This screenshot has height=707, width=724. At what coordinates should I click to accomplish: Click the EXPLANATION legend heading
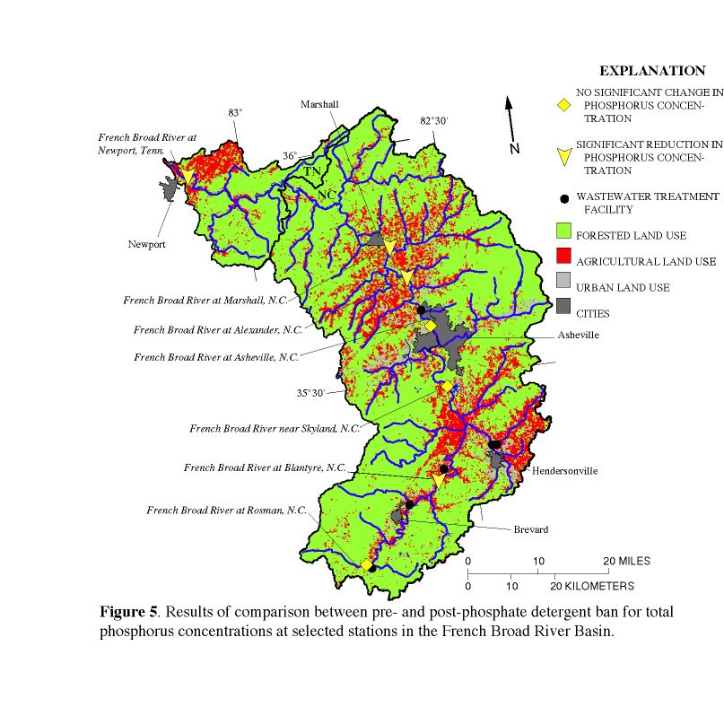click(x=652, y=71)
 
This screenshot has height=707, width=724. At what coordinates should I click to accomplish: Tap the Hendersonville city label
click(x=564, y=470)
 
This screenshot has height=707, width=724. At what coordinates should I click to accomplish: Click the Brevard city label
click(x=531, y=530)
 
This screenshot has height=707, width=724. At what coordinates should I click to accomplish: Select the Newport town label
click(x=147, y=243)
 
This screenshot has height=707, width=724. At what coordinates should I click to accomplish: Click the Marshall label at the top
click(x=319, y=104)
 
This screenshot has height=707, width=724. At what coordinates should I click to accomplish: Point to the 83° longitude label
click(x=235, y=113)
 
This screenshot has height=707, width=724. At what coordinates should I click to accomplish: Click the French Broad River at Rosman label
click(x=226, y=511)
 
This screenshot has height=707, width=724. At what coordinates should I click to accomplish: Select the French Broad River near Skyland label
click(x=274, y=428)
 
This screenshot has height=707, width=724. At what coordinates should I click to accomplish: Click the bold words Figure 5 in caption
click(x=127, y=612)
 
